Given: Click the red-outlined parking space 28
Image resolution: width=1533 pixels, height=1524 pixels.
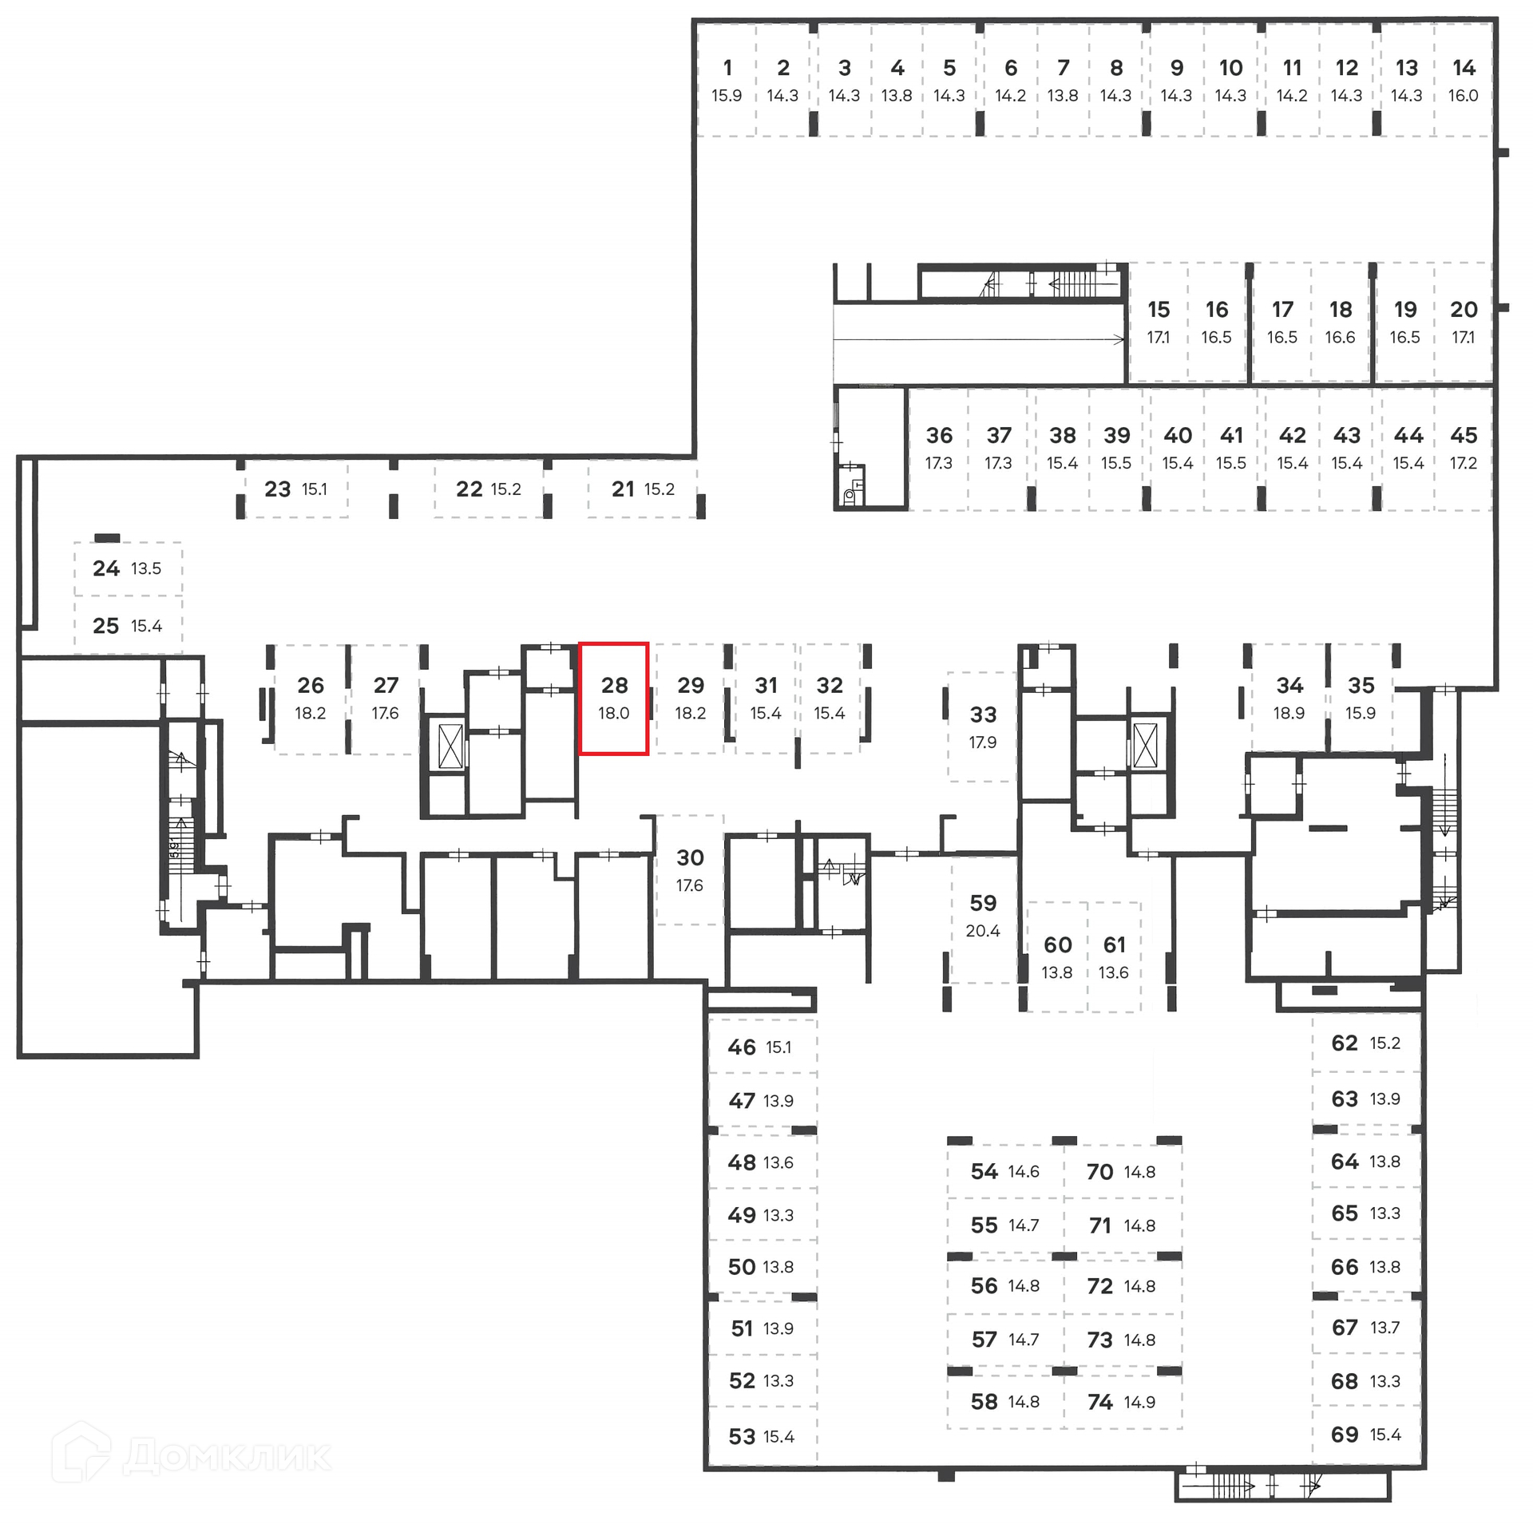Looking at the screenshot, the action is tap(613, 698).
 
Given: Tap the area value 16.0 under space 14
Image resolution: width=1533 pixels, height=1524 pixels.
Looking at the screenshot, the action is tap(1463, 96).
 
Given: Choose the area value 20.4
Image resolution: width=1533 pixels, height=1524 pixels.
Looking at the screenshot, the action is tap(982, 931).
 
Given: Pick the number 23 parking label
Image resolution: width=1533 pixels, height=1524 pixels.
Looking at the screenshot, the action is tap(278, 489).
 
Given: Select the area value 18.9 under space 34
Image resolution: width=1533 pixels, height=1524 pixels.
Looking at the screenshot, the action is tap(1289, 713).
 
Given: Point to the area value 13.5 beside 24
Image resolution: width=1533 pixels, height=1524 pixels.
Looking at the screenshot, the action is tap(146, 569).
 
